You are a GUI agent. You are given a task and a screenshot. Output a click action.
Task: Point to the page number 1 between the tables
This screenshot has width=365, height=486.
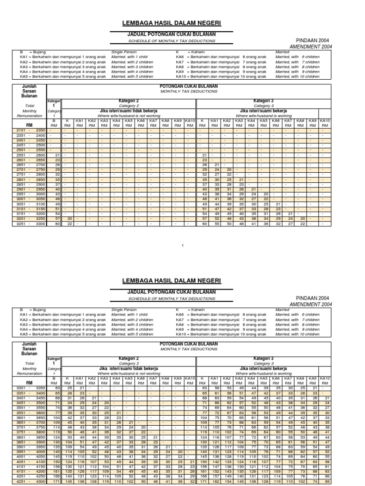[182, 245]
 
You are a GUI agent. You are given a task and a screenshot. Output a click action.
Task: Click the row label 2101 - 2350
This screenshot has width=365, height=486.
[30, 130]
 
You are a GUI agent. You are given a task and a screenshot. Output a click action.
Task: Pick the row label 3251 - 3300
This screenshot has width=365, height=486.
[30, 224]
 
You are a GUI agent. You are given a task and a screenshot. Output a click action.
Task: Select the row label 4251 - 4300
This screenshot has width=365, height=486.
[30, 482]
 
